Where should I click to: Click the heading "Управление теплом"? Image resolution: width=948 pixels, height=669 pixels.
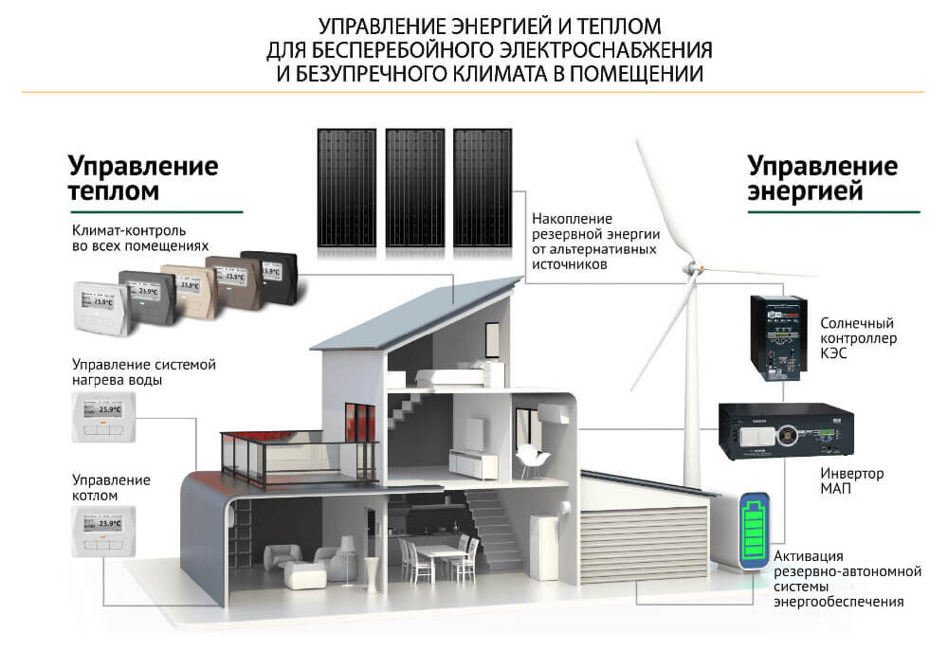(x=143, y=178)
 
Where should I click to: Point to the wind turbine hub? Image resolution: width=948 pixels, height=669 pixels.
(x=693, y=269)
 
